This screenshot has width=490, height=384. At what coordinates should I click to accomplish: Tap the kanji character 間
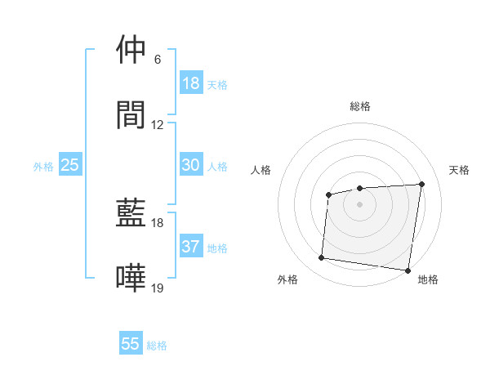pos(131,114)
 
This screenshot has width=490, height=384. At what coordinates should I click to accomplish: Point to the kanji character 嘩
pos(131,278)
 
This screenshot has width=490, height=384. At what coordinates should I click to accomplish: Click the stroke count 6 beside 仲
pos(158,60)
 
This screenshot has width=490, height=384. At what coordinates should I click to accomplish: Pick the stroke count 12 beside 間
pos(158,125)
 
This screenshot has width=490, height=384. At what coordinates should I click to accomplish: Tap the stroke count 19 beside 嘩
pos(158,288)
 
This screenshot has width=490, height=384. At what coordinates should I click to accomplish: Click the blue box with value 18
pos(190,83)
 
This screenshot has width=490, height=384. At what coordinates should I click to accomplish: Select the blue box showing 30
pos(190,165)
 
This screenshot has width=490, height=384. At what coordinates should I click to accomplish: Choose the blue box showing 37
pos(190,247)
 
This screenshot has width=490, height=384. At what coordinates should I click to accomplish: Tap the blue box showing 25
pos(70,165)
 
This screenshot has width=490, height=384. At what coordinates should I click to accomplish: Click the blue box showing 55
pos(131,344)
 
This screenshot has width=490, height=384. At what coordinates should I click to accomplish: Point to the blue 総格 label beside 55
pos(157,346)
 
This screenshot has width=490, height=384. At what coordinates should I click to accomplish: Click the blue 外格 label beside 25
pos(43,166)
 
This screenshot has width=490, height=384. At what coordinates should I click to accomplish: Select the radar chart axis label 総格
pos(359,106)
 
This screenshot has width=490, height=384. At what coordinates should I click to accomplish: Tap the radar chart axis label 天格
pos(460,170)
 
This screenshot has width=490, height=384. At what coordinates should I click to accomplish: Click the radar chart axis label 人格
pos(261,170)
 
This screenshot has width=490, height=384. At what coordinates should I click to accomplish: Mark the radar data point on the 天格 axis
pos(421,184)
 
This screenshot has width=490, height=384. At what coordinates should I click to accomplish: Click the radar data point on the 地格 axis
pos(407,270)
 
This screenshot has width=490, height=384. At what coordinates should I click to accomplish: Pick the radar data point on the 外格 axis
pos(321,258)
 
